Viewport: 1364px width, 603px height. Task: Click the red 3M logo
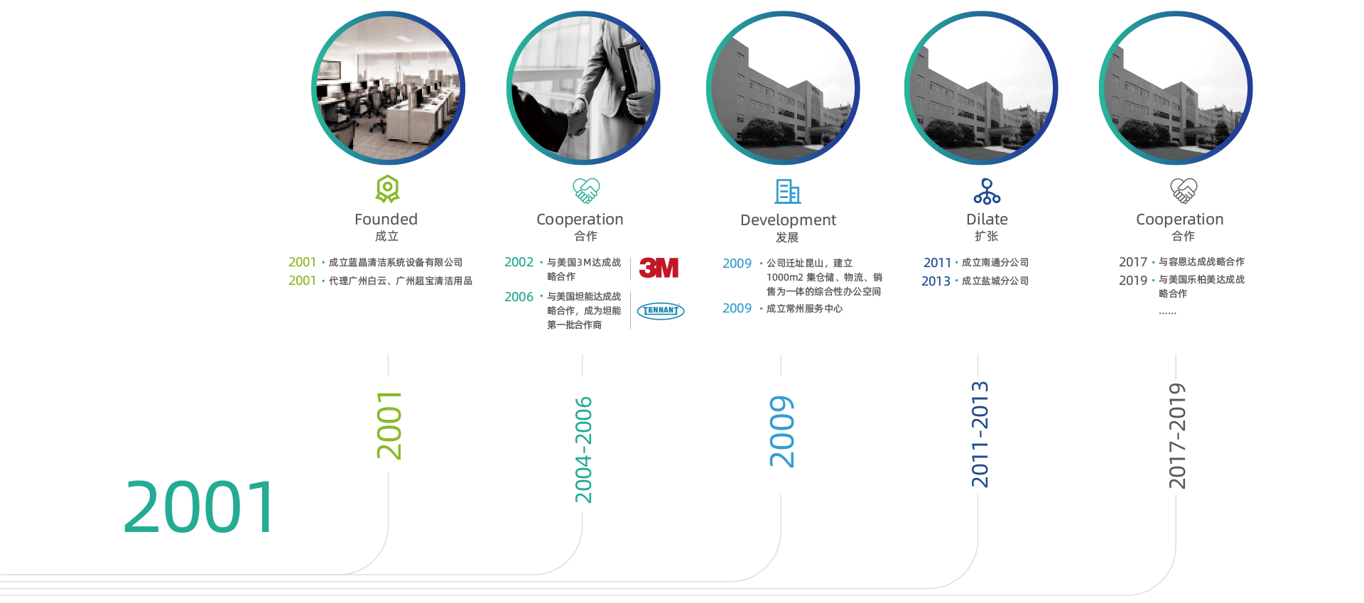[x=659, y=268]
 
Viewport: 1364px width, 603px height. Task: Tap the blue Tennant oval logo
[x=660, y=310]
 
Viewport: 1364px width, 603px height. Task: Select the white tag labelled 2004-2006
[x=583, y=445]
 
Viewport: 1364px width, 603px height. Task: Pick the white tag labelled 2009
[x=781, y=435]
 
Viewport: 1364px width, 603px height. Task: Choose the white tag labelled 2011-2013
[x=982, y=435]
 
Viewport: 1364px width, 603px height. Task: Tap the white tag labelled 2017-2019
[x=1176, y=438]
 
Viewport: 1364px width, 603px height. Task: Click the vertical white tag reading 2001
[x=388, y=425]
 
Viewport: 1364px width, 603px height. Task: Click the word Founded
[x=386, y=219]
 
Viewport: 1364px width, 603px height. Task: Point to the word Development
[x=788, y=220]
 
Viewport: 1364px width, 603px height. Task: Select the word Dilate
[x=987, y=219]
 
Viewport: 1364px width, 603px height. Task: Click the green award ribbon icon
[x=387, y=190]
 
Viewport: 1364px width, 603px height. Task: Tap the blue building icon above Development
[x=787, y=191]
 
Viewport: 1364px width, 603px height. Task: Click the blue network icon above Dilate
[x=987, y=191]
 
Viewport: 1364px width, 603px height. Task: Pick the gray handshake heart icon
[x=1184, y=190]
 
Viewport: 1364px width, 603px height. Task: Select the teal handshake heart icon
[x=586, y=190]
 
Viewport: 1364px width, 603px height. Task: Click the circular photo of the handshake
[x=583, y=88]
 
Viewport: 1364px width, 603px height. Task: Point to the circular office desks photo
[x=388, y=88]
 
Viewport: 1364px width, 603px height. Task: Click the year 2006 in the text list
[x=519, y=297]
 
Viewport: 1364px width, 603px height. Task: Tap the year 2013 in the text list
[x=936, y=281]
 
